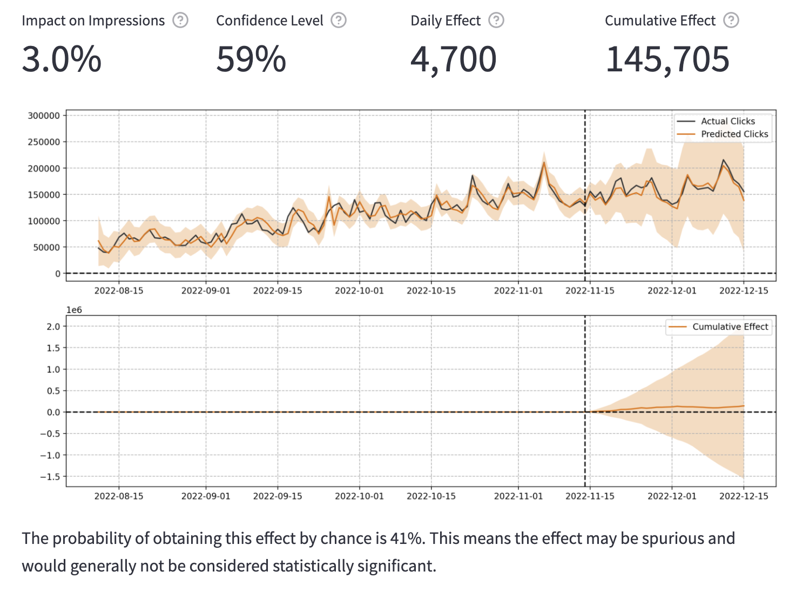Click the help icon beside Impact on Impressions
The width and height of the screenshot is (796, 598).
tap(180, 21)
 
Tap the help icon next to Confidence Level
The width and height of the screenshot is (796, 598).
tap(339, 21)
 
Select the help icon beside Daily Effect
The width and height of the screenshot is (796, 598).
tap(496, 21)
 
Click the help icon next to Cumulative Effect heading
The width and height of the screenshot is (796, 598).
tap(731, 21)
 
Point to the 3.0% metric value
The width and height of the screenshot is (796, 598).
tap(62, 59)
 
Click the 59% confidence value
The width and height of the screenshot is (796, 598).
tap(251, 59)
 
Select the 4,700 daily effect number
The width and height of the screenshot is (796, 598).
tap(454, 59)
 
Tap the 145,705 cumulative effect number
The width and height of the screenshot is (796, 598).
tap(667, 59)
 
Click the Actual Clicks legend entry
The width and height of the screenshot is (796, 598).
tap(727, 121)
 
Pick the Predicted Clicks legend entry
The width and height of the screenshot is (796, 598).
tap(734, 134)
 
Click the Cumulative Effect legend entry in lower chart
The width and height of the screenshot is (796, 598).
tap(730, 327)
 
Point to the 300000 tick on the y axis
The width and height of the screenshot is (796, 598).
tap(44, 115)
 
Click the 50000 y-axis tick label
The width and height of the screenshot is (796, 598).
tap(46, 247)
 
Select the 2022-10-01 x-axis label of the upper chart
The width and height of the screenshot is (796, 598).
tap(359, 291)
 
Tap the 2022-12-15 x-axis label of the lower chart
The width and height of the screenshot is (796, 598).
tap(743, 496)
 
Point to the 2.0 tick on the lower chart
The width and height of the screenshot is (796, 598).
tap(53, 326)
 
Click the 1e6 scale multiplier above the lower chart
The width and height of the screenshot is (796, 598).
tap(74, 310)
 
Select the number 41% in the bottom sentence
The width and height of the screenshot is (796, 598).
tap(406, 539)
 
